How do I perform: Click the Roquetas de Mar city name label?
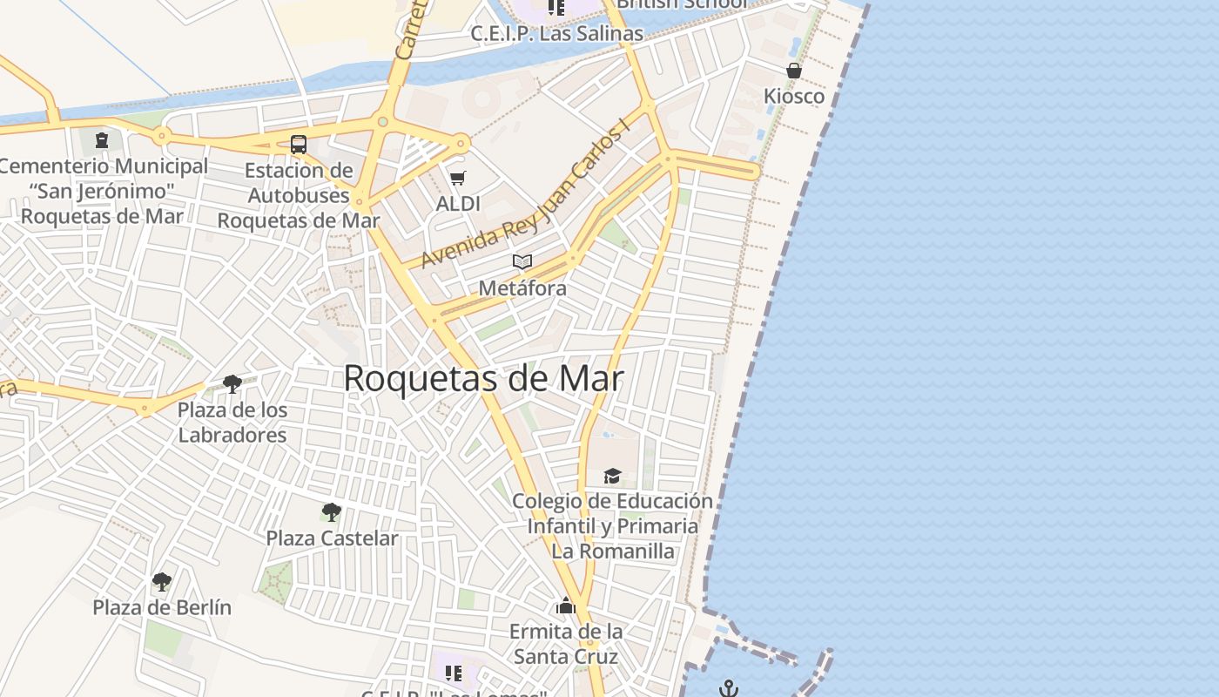[483, 378]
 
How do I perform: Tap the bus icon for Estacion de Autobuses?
[298, 144]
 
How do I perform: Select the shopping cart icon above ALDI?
[458, 179]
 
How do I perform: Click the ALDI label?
[458, 204]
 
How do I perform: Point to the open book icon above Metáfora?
[522, 261]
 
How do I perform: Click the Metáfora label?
[522, 288]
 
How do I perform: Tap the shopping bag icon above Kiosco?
[794, 71]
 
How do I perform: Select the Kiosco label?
[794, 96]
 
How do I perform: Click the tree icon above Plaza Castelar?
[331, 511]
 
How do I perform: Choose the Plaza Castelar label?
[332, 538]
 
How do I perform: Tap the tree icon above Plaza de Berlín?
[162, 581]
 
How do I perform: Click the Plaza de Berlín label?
[162, 607]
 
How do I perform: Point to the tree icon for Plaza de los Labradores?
[232, 383]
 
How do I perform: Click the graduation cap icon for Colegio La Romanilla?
[613, 476]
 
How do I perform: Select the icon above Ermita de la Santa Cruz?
[566, 606]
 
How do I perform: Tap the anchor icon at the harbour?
[729, 689]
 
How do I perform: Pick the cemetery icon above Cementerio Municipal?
[102, 139]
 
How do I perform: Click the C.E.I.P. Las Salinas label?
[556, 34]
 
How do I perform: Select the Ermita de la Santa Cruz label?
[566, 644]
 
